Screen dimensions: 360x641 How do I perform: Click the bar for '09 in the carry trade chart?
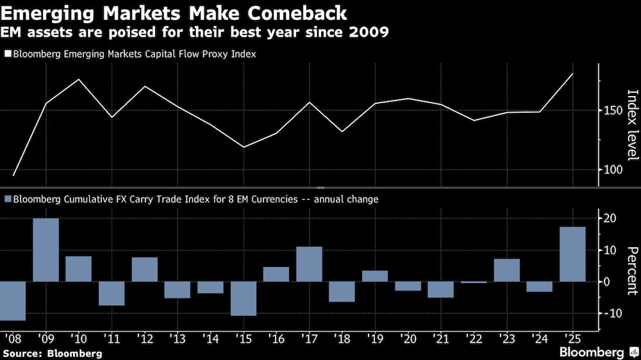(x=46, y=250)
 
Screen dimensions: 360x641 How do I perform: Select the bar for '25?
(x=572, y=254)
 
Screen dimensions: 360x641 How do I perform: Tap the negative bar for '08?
(x=13, y=300)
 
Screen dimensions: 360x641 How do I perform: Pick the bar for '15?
(x=244, y=299)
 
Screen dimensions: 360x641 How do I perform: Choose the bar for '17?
(x=309, y=264)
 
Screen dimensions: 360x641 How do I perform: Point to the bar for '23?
(x=506, y=270)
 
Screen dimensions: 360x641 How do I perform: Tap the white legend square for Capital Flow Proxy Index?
(x=8, y=54)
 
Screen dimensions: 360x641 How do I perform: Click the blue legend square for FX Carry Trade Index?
(x=8, y=199)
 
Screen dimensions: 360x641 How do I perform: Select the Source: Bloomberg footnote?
(x=53, y=353)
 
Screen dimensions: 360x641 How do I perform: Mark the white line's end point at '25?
(x=572, y=74)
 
